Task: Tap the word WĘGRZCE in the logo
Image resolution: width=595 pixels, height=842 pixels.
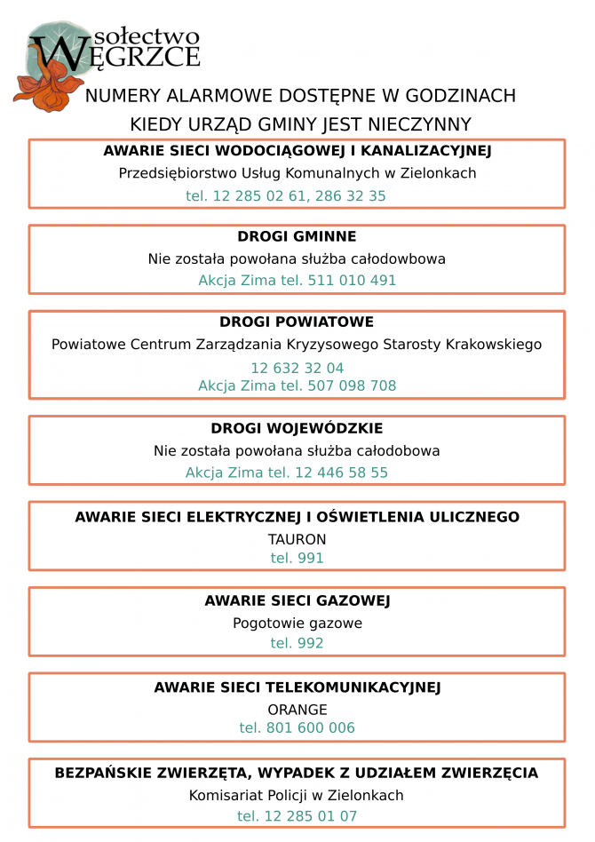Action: (x=124, y=55)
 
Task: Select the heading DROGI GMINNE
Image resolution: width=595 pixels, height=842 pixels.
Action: (x=297, y=237)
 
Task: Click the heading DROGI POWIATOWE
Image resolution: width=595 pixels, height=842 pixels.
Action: (x=297, y=322)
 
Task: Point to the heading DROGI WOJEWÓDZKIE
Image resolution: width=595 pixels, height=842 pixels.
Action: (x=297, y=429)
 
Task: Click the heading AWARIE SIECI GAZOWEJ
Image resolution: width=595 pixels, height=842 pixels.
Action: (x=297, y=601)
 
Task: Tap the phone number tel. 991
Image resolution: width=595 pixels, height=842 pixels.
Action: (x=297, y=559)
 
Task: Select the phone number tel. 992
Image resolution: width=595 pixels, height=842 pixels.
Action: (x=297, y=644)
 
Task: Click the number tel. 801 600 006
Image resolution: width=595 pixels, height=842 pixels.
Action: (x=297, y=728)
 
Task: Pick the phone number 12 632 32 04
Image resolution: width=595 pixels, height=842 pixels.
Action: (x=297, y=368)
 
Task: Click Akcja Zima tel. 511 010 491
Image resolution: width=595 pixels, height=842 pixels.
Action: (x=297, y=281)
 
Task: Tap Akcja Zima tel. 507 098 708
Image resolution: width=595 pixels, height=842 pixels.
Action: (x=297, y=386)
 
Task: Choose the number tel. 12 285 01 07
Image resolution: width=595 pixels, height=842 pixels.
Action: (x=297, y=816)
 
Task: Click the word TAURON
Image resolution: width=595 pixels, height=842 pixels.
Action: (x=297, y=539)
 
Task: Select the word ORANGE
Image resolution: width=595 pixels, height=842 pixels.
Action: (x=297, y=710)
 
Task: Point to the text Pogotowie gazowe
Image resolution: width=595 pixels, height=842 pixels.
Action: (x=297, y=624)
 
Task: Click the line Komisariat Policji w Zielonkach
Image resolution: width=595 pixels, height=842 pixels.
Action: (x=297, y=796)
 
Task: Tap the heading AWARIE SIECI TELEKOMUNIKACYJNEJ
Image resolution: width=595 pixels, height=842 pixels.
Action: (x=297, y=687)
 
